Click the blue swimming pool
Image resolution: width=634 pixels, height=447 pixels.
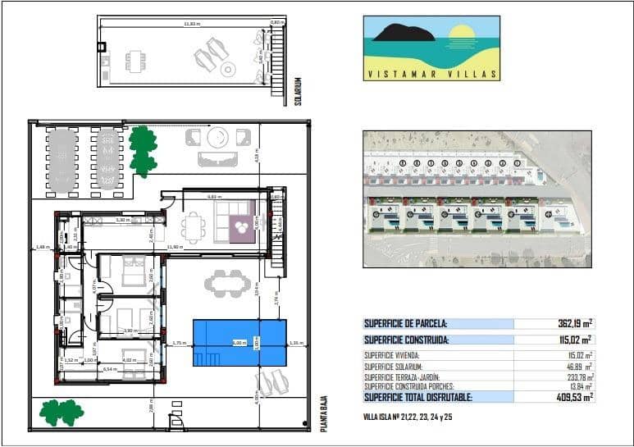239,343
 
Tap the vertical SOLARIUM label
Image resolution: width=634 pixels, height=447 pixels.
299,91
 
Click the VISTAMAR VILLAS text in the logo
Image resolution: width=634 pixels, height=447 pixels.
431,74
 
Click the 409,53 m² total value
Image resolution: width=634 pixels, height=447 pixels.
574,397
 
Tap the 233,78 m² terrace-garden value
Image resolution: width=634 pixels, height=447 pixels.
577,376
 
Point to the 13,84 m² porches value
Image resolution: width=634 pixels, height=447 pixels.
579,385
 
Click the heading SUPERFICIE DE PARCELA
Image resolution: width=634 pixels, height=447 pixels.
406,324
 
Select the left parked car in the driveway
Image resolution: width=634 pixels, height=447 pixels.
62,161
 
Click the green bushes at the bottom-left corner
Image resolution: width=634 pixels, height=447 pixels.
62,412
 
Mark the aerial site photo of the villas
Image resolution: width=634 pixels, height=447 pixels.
477,199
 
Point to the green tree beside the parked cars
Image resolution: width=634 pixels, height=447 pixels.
143,150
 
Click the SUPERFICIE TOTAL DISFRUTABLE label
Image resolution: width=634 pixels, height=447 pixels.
418,397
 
